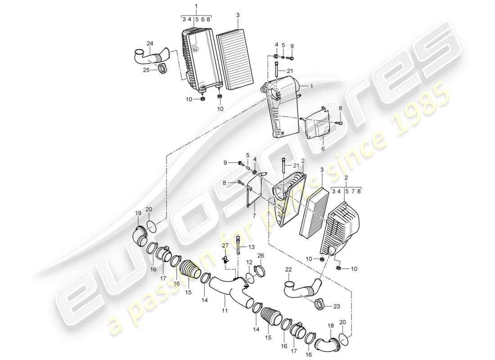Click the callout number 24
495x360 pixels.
[x=150, y=44]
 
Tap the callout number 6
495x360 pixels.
[x=323, y=149]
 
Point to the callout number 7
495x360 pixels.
[x=254, y=216]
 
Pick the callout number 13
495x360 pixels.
[x=251, y=247]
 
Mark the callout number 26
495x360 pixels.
[x=261, y=256]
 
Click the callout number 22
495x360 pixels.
[x=289, y=269]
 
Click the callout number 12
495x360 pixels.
[x=249, y=262]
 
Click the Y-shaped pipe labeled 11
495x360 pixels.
[x=225, y=288]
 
